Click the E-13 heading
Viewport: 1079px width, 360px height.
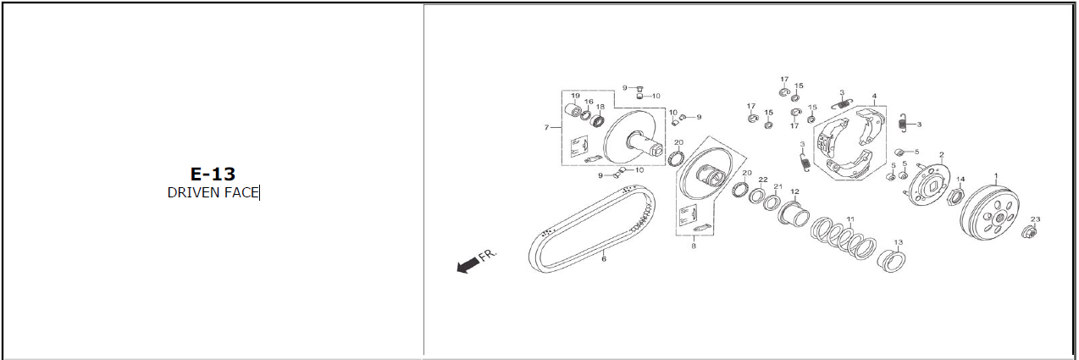[213, 174]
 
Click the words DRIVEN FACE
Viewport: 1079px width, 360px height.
[213, 193]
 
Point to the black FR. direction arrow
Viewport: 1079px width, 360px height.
[468, 265]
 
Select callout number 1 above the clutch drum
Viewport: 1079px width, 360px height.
[996, 176]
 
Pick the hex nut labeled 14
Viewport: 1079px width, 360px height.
[955, 196]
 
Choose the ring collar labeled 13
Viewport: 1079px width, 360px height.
[891, 261]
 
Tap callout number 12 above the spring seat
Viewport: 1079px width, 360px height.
[794, 191]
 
